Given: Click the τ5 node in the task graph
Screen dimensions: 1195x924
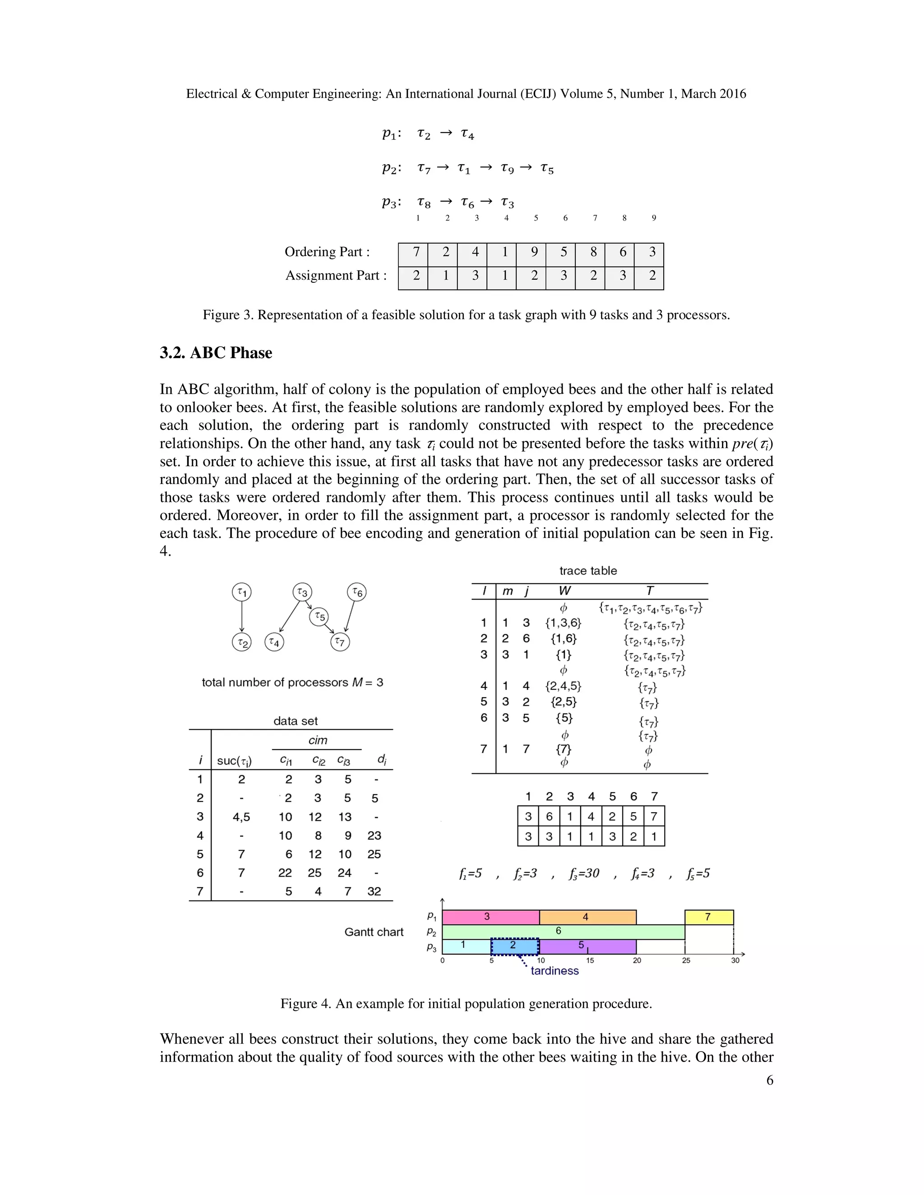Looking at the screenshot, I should coord(319,616).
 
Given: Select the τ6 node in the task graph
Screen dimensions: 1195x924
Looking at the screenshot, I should coord(356,592).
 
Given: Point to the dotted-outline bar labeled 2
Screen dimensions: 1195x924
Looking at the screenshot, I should coord(514,946).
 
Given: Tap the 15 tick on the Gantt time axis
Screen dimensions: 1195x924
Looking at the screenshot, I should coord(590,960).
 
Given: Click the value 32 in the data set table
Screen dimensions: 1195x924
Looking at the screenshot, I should coord(374,892).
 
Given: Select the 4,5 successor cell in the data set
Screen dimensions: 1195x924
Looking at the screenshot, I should coord(241,817).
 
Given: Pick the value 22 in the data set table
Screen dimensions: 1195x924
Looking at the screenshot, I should coord(285,873).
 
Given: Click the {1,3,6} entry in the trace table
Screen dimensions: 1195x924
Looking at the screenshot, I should coord(563,623).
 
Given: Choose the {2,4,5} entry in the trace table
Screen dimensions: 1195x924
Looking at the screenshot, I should coord(563,686).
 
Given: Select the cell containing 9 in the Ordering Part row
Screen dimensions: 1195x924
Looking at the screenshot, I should coord(534,252).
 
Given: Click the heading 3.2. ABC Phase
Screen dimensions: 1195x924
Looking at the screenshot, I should coord(216,353).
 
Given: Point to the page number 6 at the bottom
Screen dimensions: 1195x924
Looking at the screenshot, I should coord(769,1080).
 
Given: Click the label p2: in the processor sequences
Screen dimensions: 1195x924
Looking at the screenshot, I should coord(391,169).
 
